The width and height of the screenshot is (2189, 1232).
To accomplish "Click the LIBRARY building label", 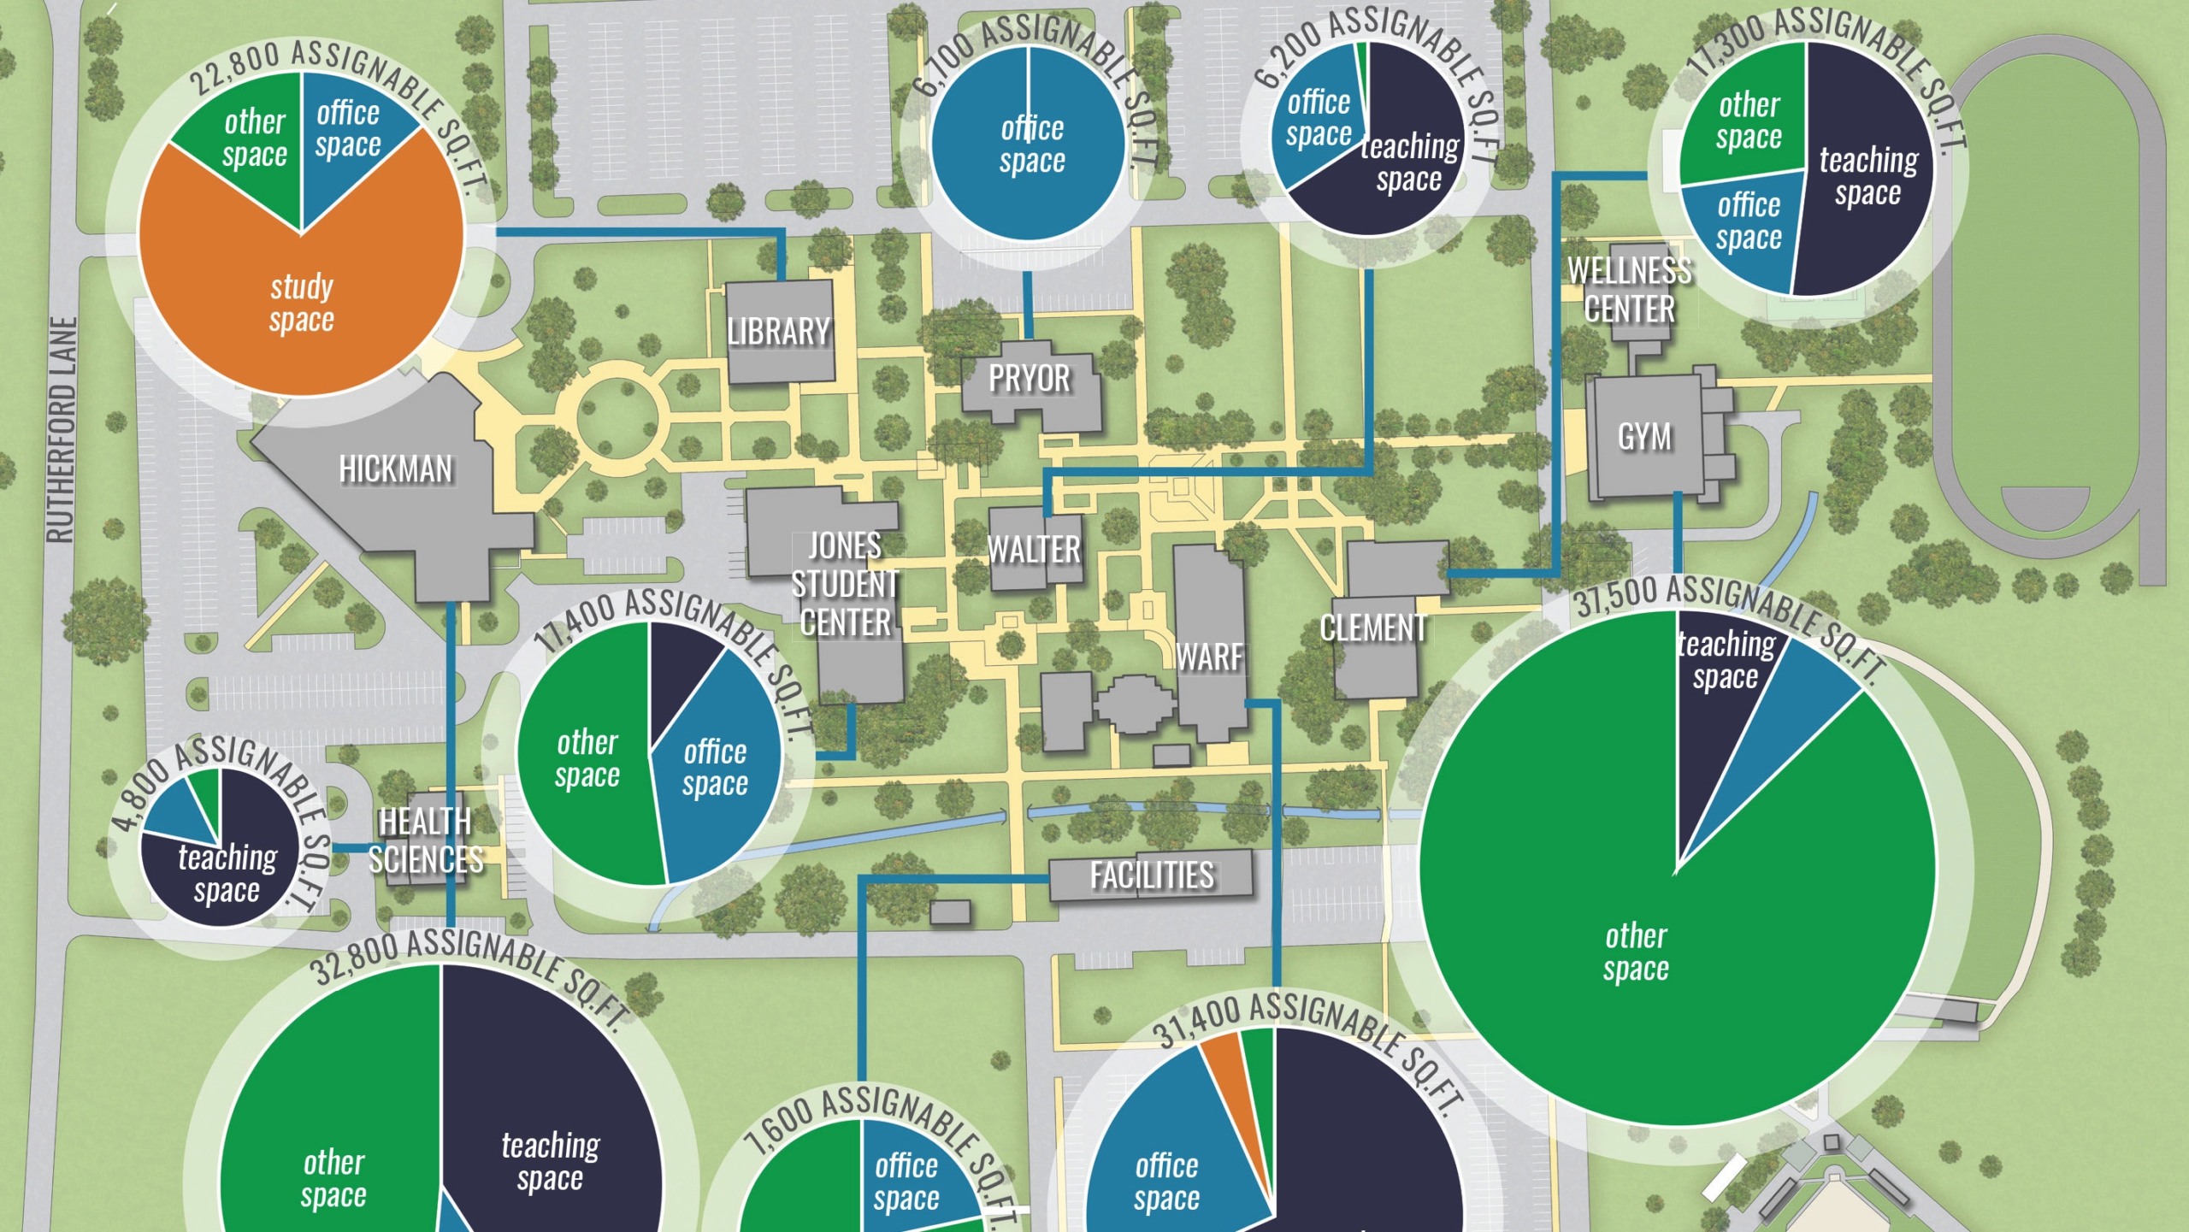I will click(778, 332).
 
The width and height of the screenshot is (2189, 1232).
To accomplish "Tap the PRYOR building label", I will click(1030, 379).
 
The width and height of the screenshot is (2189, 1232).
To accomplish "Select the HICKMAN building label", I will click(395, 469).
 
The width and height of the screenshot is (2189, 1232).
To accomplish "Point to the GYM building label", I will click(1644, 437).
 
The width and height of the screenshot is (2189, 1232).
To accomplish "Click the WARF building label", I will click(1209, 657).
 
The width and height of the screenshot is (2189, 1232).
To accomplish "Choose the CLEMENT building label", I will click(1373, 628).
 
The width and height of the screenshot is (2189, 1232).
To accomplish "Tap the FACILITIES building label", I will click(1151, 875).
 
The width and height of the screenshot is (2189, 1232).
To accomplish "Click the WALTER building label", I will click(1034, 550).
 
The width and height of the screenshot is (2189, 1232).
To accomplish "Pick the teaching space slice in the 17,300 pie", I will click(1868, 175).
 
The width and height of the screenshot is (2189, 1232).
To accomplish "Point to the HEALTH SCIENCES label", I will click(425, 840).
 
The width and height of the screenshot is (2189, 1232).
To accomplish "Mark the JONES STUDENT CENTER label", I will click(845, 585).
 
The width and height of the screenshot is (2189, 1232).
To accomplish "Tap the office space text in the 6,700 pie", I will click(1032, 144).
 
